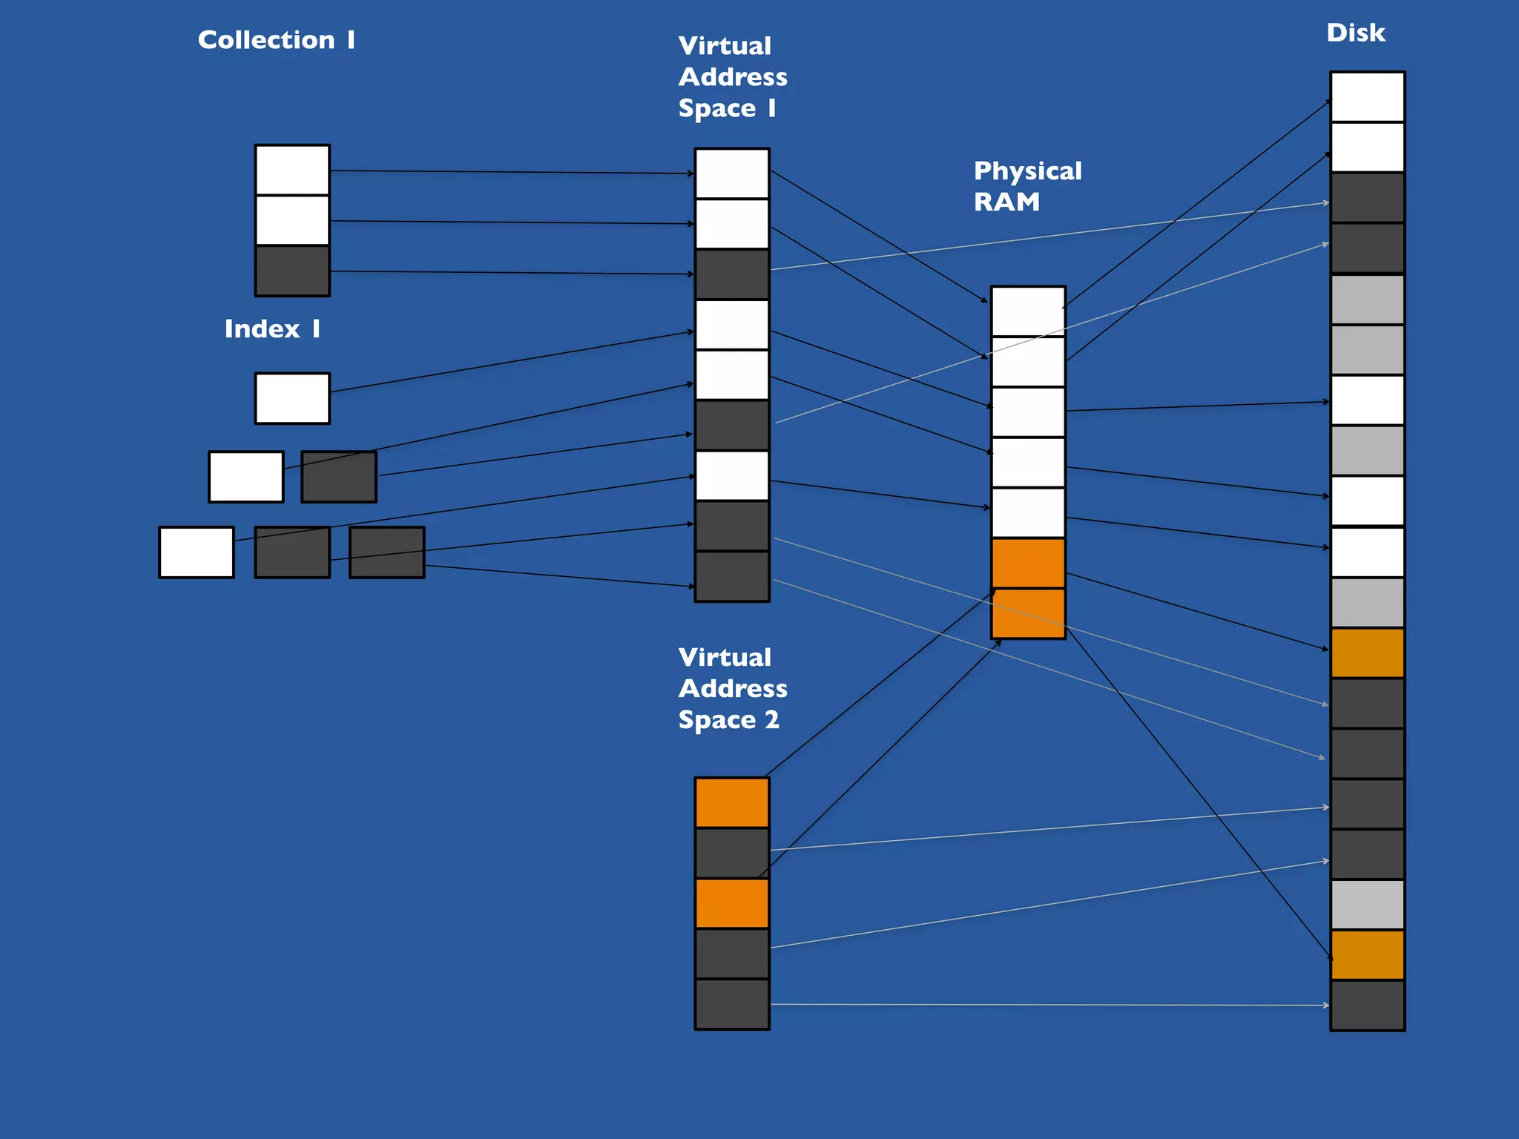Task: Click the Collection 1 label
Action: click(x=276, y=40)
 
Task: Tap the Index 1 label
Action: click(x=272, y=329)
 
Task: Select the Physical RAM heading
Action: click(x=1027, y=186)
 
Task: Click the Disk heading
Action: click(x=1355, y=33)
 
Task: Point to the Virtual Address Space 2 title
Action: click(x=732, y=688)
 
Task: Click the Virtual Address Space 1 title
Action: click(x=732, y=77)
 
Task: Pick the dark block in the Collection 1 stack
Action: click(x=292, y=271)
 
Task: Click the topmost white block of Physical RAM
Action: click(x=1028, y=311)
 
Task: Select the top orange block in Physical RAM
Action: click(x=1028, y=564)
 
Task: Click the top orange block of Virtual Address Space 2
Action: click(x=732, y=802)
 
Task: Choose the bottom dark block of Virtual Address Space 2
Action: click(x=732, y=1004)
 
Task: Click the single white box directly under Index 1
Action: click(x=292, y=399)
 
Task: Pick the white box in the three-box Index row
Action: click(x=197, y=552)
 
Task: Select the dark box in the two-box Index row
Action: click(x=339, y=477)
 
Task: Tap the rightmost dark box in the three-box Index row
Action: click(x=386, y=552)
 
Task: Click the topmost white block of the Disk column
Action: click(x=1367, y=97)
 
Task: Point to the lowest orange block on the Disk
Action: click(x=1367, y=955)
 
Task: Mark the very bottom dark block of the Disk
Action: click(x=1367, y=1006)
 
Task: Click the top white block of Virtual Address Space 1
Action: click(x=732, y=174)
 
